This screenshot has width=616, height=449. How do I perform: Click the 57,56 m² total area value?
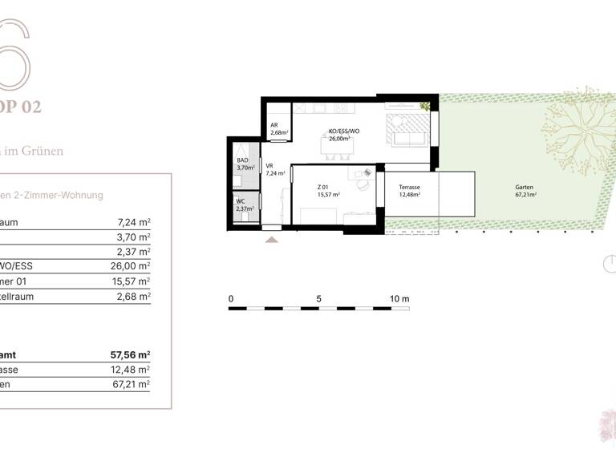131,354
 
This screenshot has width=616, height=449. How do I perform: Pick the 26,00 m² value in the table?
132,266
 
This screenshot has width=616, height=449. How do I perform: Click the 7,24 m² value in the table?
135,223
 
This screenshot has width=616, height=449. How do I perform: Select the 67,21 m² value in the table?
132,384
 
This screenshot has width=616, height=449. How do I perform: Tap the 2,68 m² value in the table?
135,296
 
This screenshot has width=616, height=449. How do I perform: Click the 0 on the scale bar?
231,299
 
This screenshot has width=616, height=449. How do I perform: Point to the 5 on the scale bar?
319,299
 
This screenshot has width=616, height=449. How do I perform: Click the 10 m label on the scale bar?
399,299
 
